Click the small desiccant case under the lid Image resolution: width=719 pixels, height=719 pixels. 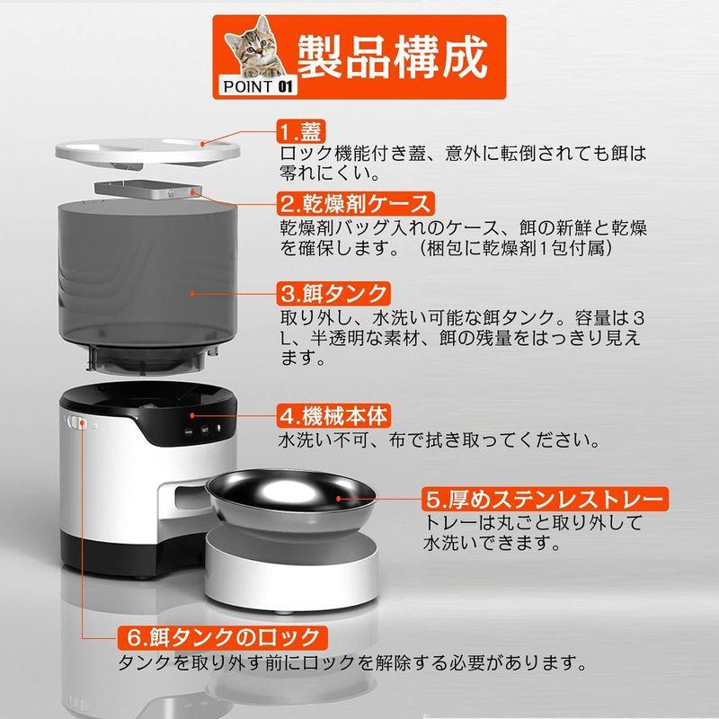144,191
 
